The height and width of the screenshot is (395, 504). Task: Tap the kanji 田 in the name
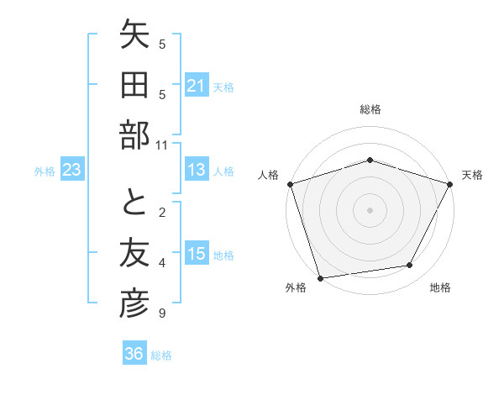[x=134, y=87]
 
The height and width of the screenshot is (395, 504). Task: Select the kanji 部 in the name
[x=134, y=134]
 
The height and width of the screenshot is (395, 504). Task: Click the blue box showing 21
[x=197, y=86]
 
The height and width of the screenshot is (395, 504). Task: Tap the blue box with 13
[x=197, y=171]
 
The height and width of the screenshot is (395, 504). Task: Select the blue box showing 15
[x=197, y=255]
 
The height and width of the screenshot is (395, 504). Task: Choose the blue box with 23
[x=72, y=171]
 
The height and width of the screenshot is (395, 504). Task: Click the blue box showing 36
[x=134, y=354]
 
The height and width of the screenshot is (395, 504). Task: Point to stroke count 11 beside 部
[x=162, y=145]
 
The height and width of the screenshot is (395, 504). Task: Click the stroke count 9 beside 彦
[x=162, y=313]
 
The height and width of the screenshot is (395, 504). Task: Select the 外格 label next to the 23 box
[x=45, y=171]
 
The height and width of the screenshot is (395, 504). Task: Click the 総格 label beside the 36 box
[x=161, y=355]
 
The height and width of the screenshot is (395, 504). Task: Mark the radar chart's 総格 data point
[x=370, y=160]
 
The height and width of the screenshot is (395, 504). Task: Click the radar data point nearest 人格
[x=290, y=184]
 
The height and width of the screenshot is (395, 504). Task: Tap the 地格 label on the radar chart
[x=440, y=288]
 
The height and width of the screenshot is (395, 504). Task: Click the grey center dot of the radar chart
[x=370, y=209]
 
